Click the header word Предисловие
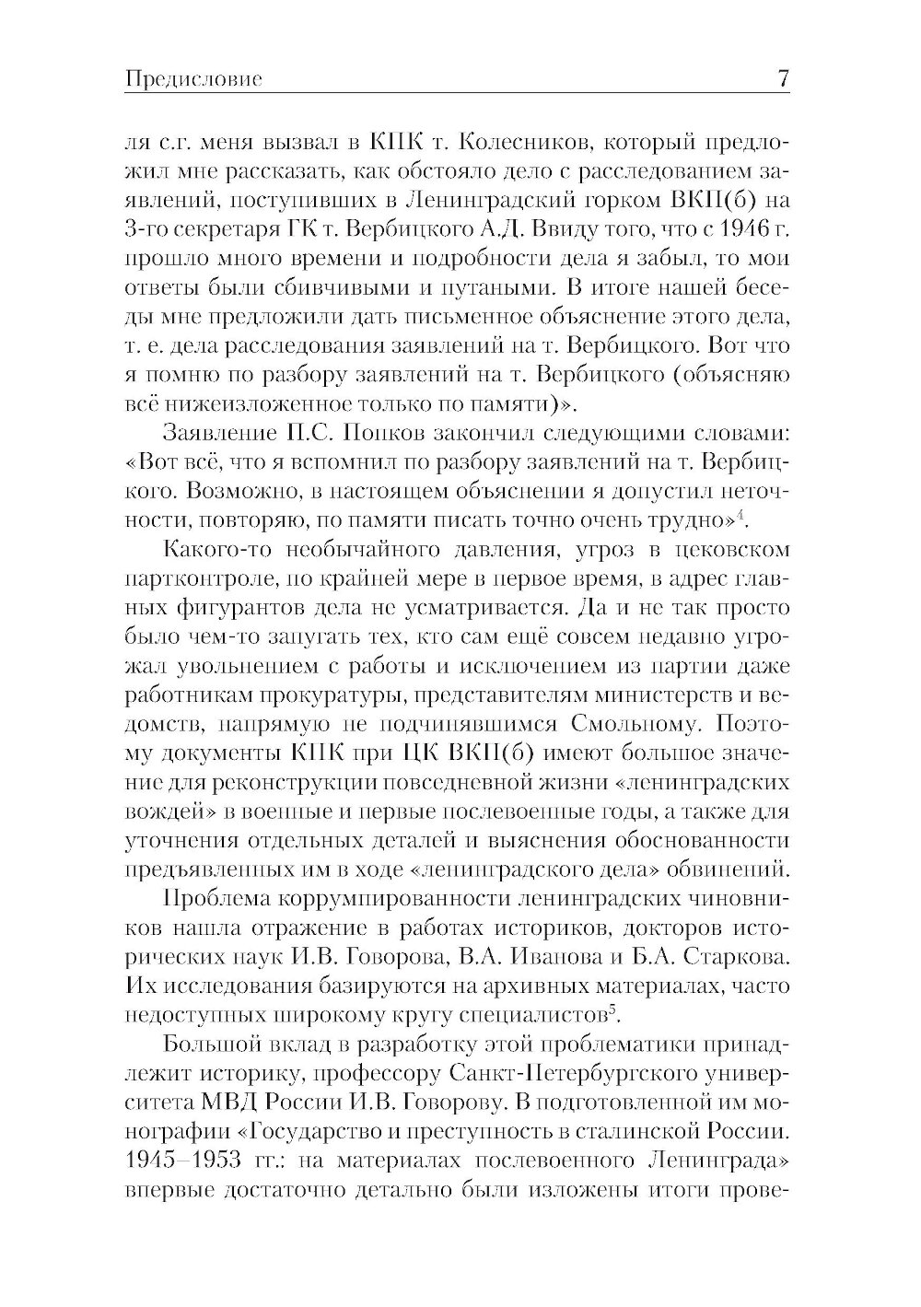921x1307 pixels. (192, 80)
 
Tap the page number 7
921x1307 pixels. (783, 79)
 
